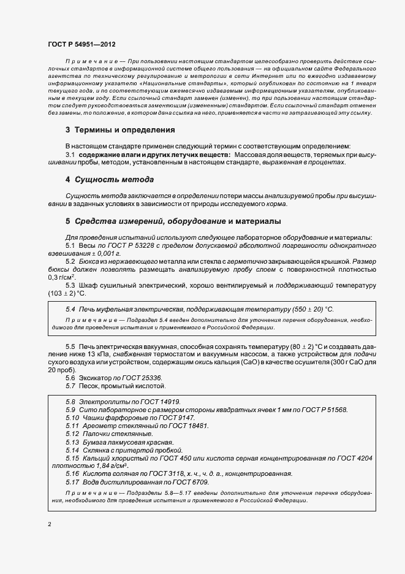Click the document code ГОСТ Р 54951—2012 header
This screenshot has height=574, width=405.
81,45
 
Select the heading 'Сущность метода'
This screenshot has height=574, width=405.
110,180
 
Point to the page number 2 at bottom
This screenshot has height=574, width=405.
49,525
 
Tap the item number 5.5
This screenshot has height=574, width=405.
70,347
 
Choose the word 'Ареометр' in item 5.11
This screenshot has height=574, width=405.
99,426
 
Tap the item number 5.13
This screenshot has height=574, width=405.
72,442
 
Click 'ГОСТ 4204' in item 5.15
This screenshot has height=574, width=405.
356,458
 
